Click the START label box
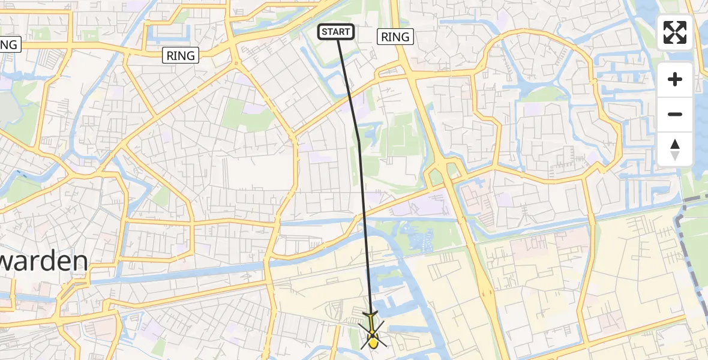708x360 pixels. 336,32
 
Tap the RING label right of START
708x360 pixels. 395,37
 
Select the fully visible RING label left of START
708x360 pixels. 181,56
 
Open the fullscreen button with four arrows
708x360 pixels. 675,32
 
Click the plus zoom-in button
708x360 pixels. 675,79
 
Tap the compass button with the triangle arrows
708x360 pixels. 675,149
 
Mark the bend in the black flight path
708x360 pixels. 359,142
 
